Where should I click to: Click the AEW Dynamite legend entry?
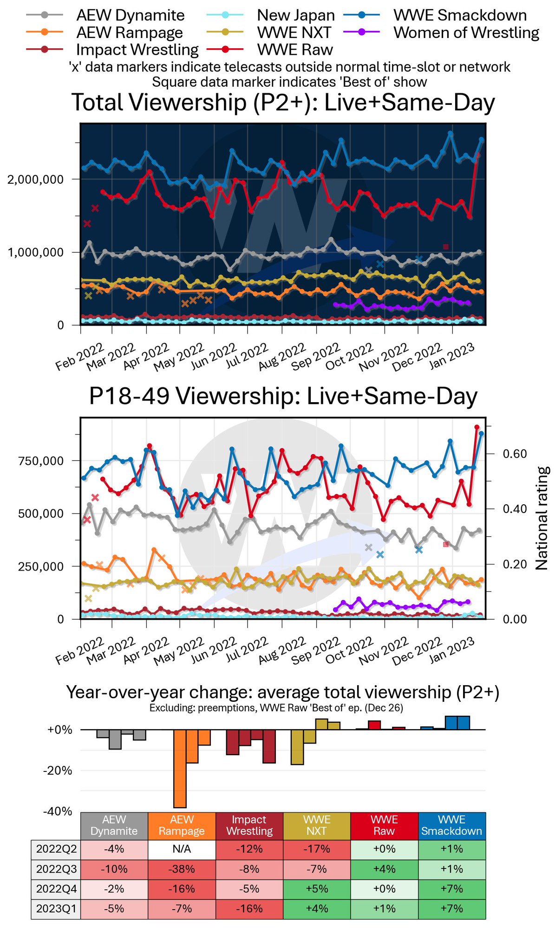coord(130,15)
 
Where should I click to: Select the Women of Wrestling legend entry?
coord(466,33)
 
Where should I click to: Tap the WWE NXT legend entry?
coord(294,33)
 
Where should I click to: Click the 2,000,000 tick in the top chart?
coord(35,180)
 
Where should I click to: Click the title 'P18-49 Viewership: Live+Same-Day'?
coord(283,397)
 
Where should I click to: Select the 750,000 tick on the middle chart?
coord(41,461)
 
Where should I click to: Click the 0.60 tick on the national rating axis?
coord(515,454)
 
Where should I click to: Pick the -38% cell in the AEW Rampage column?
coord(182,869)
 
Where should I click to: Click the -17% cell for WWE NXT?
coord(316,849)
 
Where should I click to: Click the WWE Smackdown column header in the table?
coord(451,826)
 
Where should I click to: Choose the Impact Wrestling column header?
coord(249,826)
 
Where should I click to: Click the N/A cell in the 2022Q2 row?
coord(182,849)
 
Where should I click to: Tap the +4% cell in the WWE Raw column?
coord(384,869)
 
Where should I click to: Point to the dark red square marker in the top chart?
coord(446,247)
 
